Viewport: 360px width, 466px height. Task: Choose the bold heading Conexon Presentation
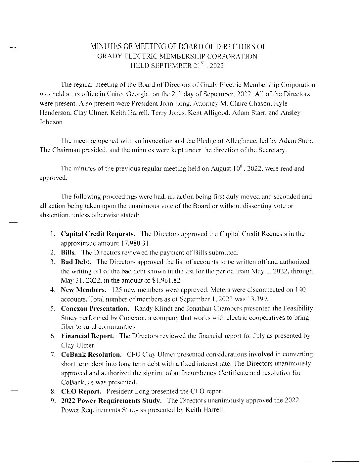[x=95, y=308]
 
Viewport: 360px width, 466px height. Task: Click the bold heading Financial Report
[x=88, y=336]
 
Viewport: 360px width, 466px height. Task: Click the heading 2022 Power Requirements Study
[x=112, y=400]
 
